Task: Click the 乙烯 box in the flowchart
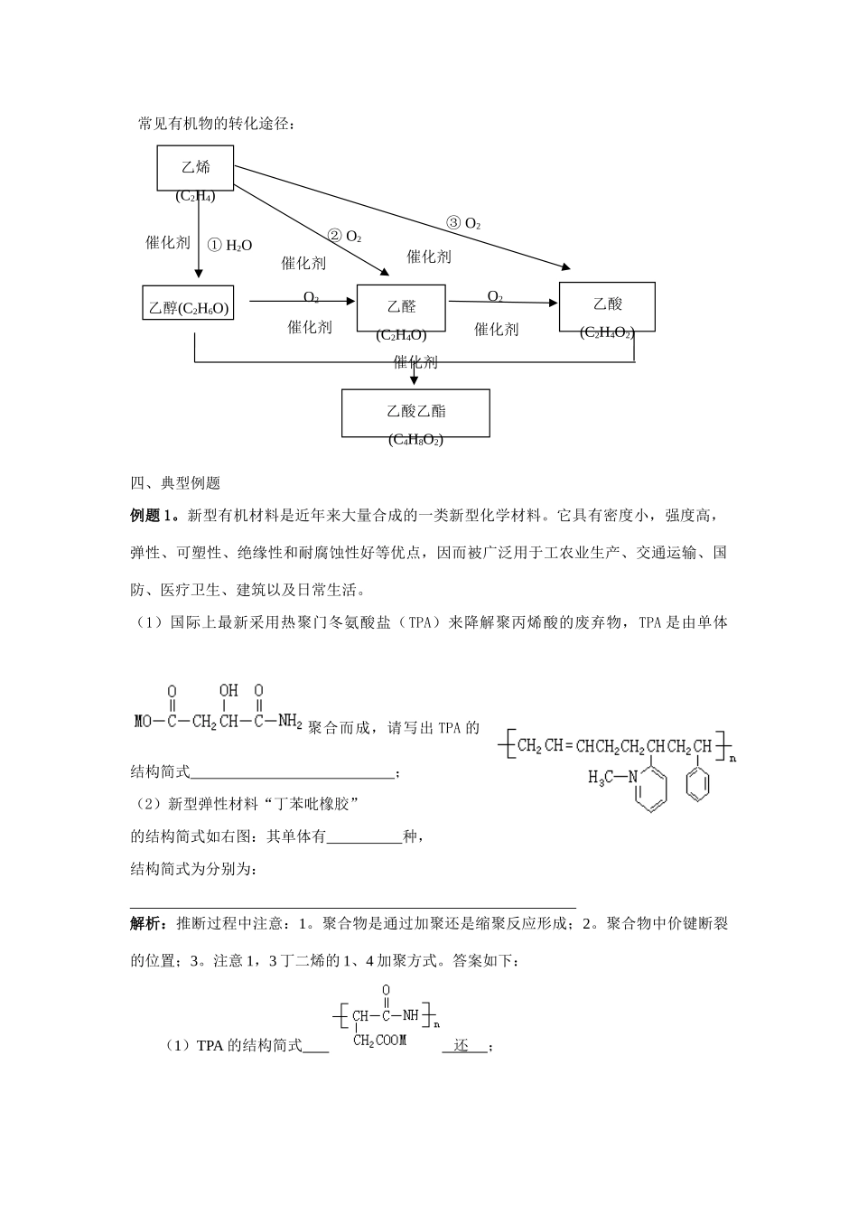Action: click(x=195, y=167)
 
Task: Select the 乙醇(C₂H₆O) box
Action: click(x=189, y=308)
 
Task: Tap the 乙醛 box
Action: click(x=402, y=307)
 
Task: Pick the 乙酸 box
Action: click(x=607, y=305)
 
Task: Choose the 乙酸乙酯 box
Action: click(x=415, y=412)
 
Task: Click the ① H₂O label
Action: click(x=229, y=245)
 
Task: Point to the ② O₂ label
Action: click(x=344, y=237)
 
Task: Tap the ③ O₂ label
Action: click(x=463, y=222)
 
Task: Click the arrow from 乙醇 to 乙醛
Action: click(x=302, y=301)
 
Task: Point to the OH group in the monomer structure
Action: click(x=228, y=691)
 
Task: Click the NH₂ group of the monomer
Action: click(x=289, y=721)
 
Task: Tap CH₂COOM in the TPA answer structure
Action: click(x=379, y=1041)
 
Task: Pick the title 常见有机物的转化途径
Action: click(x=216, y=124)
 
